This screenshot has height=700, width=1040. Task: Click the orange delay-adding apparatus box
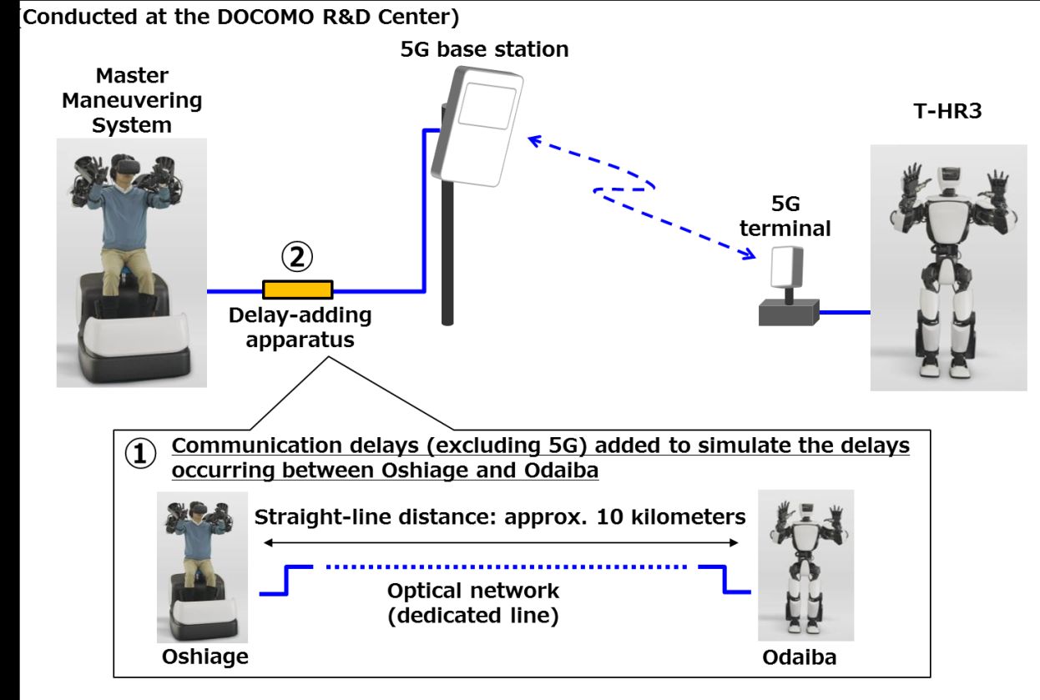click(298, 290)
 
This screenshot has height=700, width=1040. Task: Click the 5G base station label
click(484, 49)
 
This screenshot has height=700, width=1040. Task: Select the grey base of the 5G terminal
click(787, 313)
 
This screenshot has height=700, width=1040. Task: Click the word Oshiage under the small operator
click(204, 656)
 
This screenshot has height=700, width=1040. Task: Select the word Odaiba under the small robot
click(799, 657)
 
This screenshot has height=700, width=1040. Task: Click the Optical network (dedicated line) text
click(473, 604)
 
